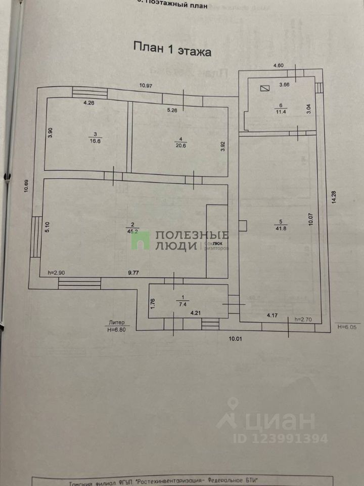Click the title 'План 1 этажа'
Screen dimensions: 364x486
tap(171, 49)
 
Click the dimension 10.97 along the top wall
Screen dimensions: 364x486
tap(146, 86)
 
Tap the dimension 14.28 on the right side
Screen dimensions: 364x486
tap(334, 197)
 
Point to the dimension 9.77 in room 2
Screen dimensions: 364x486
tap(133, 273)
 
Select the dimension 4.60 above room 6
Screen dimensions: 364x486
tap(279, 65)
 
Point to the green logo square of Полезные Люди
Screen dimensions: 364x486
tap(140, 240)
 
